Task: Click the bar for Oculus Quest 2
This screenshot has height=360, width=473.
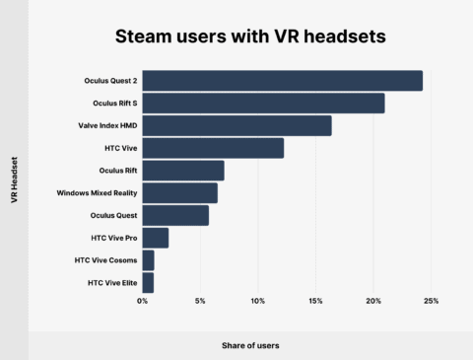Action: [283, 81]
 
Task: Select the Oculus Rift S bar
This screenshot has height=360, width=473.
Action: [264, 104]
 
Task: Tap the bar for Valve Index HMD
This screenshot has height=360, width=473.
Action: [237, 125]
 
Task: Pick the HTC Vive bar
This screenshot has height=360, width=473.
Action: [213, 148]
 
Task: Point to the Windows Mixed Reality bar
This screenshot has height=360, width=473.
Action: [180, 193]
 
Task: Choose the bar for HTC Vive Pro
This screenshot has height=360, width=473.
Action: [156, 238]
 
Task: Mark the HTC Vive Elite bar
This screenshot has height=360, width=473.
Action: [149, 283]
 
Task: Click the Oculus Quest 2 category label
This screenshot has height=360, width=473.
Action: [110, 81]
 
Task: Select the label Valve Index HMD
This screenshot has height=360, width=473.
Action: [107, 125]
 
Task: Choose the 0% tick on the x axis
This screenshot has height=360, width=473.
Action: [143, 301]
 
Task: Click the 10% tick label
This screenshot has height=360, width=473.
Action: [258, 301]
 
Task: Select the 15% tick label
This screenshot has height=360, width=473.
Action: [315, 301]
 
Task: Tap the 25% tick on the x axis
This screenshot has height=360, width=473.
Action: [431, 301]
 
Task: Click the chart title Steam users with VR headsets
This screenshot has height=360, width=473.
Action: [237, 37]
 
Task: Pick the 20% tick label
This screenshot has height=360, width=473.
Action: [373, 301]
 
